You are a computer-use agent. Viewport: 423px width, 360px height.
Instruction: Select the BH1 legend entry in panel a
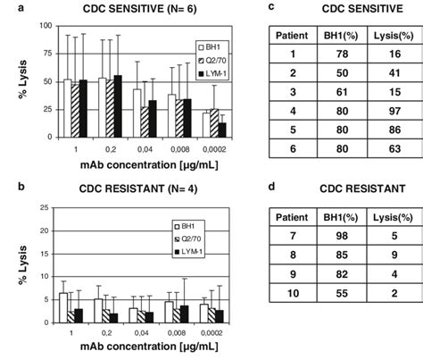(211, 44)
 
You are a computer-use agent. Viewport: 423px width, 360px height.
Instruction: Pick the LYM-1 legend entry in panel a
(212, 69)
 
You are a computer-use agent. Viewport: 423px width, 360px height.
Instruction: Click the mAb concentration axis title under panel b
(134, 347)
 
